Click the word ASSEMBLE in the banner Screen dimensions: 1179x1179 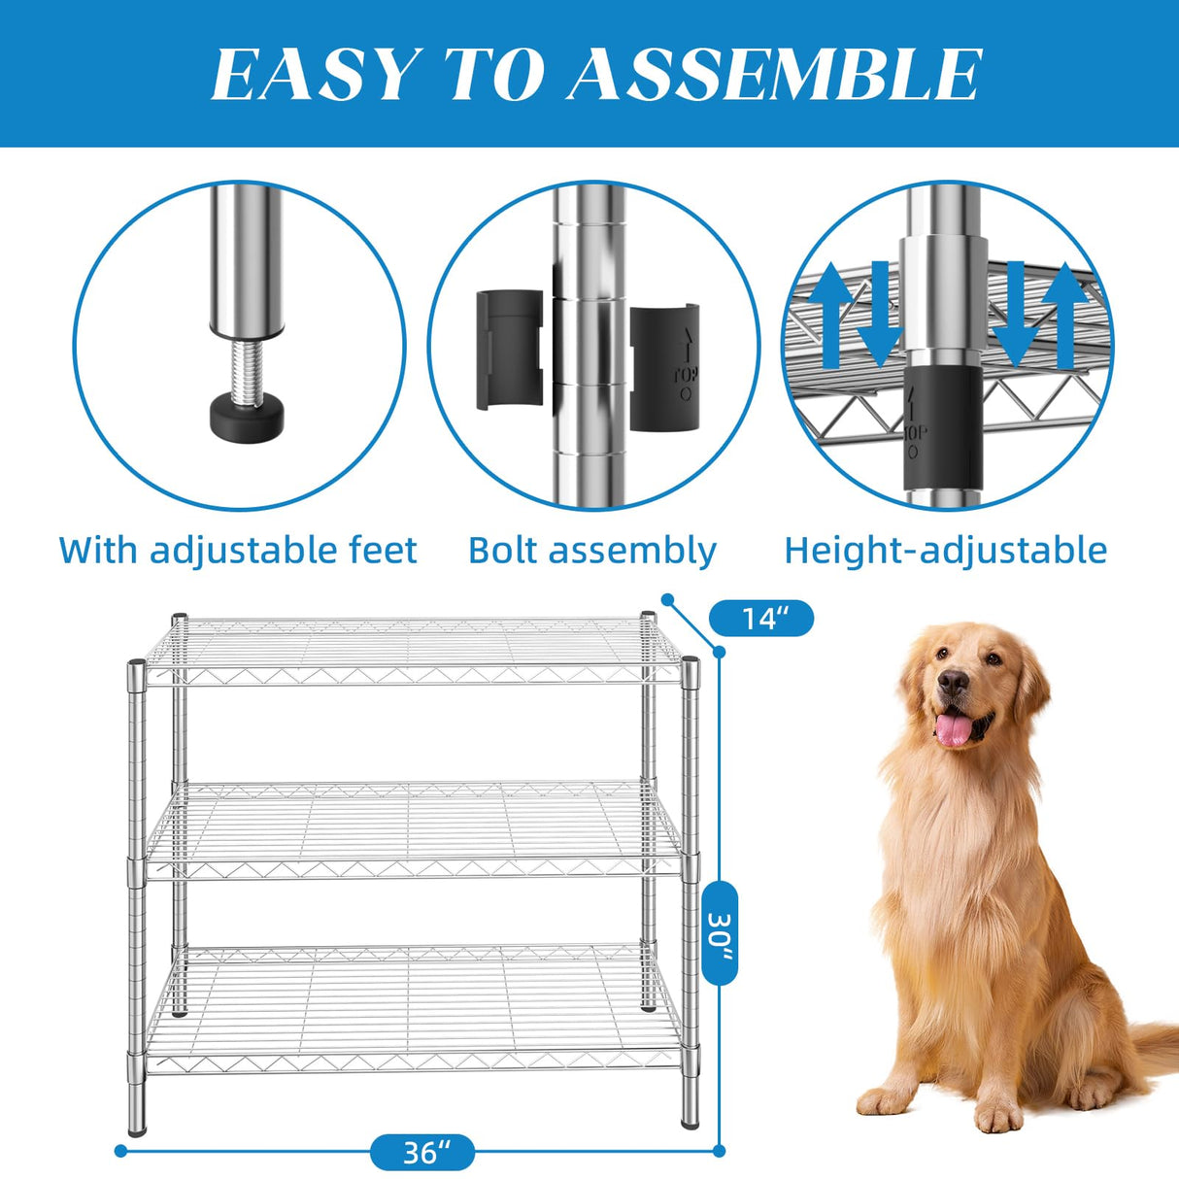coord(774,75)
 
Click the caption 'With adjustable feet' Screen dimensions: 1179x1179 coord(238,550)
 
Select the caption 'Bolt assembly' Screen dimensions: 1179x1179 coord(591,550)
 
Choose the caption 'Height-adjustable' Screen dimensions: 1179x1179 coord(945,550)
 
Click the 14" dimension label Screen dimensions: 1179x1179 coord(762,619)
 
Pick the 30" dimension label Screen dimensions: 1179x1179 coord(720,932)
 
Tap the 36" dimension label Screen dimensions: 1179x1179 coord(422,1152)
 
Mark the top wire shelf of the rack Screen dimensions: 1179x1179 coord(413,648)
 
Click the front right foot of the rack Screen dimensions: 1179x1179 coord(690,1119)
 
